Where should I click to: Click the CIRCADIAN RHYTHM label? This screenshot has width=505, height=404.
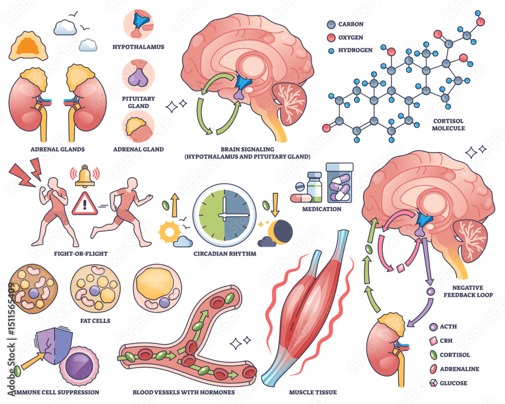click(x=224, y=254)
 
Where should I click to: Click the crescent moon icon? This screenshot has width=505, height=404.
click(x=281, y=232)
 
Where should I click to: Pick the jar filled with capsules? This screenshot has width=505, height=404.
click(x=339, y=182)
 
